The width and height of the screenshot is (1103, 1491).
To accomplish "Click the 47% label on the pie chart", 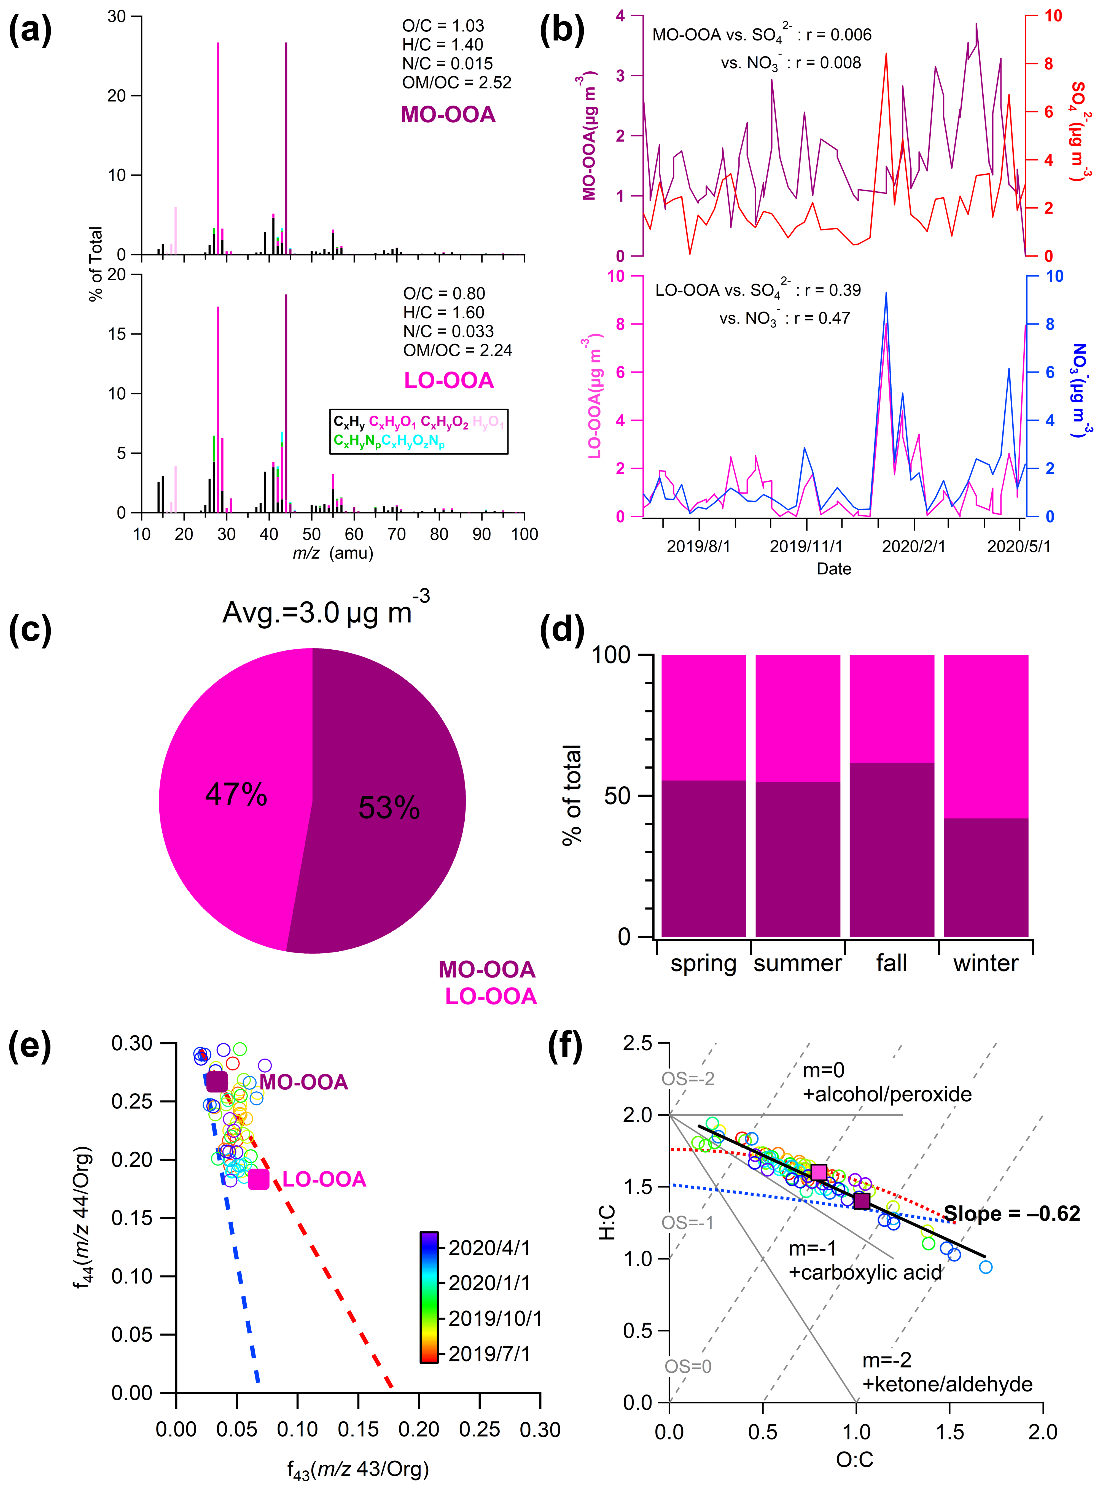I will tap(236, 795).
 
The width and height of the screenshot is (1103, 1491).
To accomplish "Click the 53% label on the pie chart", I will tap(389, 808).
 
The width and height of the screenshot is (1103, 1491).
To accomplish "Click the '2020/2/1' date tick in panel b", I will tap(913, 546).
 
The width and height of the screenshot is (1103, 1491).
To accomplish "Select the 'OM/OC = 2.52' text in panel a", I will tap(457, 83).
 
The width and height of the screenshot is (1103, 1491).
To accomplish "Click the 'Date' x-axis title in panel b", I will tap(834, 569).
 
